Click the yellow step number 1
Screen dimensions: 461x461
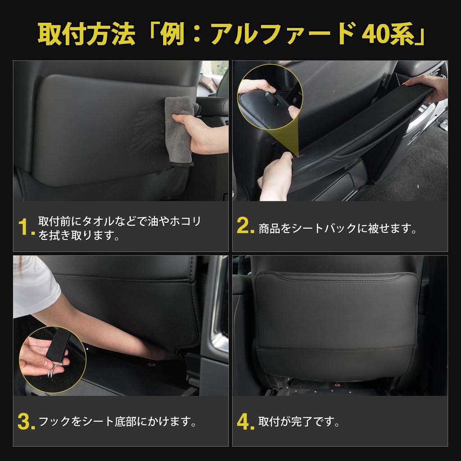coord(25,228)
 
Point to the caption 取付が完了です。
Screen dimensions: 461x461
coord(299,422)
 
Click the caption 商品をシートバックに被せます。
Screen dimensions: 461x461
coord(338,228)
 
